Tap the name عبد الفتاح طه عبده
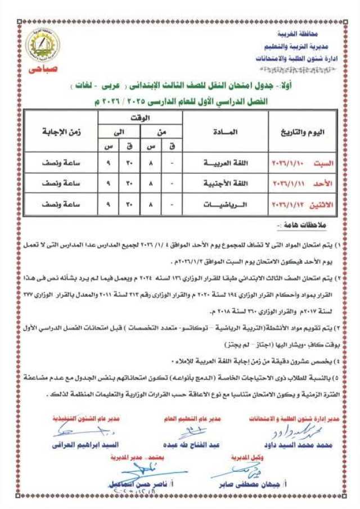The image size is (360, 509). click(190, 445)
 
